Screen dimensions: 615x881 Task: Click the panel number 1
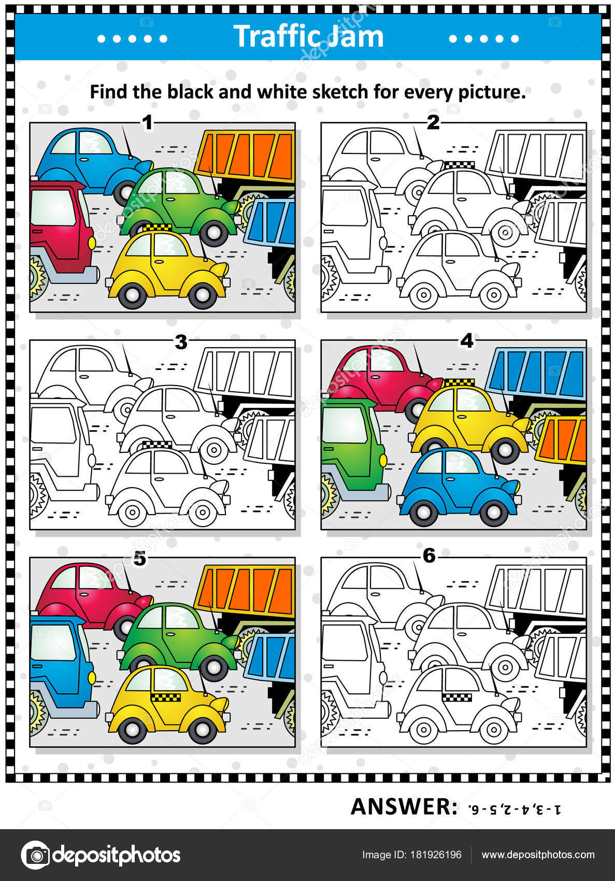pos(148,122)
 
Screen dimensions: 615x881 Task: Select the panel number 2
pos(433,122)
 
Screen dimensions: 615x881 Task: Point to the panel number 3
pos(181,342)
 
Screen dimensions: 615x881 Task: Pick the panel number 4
pos(467,341)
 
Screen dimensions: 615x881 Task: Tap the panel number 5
pos(140,559)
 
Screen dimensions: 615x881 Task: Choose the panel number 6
pos(429,556)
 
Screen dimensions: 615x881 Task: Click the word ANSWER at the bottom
pos(404,807)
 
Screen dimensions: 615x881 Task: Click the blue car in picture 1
pos(92,163)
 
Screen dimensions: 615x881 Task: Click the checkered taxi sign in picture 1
pos(157,228)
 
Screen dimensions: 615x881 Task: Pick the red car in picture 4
pos(383,379)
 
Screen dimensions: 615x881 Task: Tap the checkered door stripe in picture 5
pos(166,698)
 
